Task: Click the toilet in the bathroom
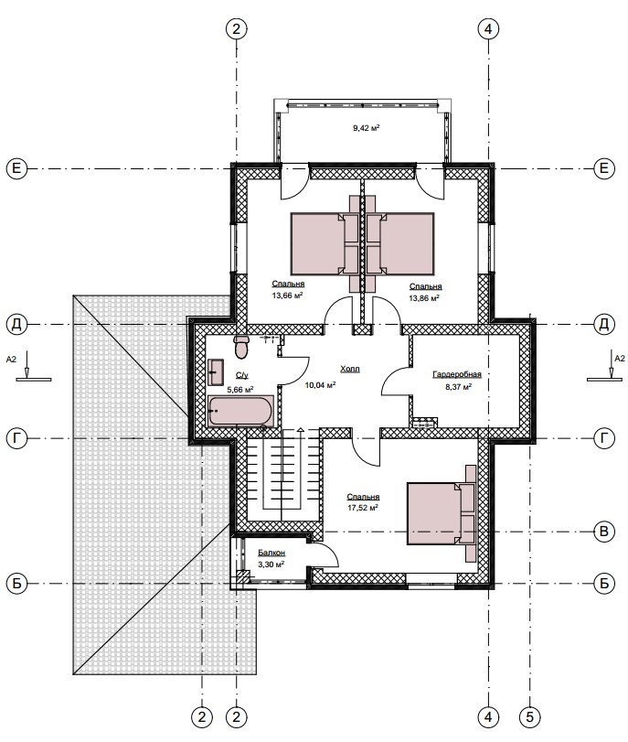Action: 241,347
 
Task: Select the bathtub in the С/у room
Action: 240,411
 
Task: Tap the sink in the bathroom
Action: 216,372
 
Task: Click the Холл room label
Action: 350,369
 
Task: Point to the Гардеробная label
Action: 457,375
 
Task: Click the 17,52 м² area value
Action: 363,508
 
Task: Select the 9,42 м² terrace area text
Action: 367,128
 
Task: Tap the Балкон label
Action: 271,553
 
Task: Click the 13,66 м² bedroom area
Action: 287,296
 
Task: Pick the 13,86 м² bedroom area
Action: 424,298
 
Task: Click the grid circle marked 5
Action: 529,716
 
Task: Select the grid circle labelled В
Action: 604,532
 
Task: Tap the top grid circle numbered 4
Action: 488,29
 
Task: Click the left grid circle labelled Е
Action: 16,168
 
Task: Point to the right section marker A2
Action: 610,366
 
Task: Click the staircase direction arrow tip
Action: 300,429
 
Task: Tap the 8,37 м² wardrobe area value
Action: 457,387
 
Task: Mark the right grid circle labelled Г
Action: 604,438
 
